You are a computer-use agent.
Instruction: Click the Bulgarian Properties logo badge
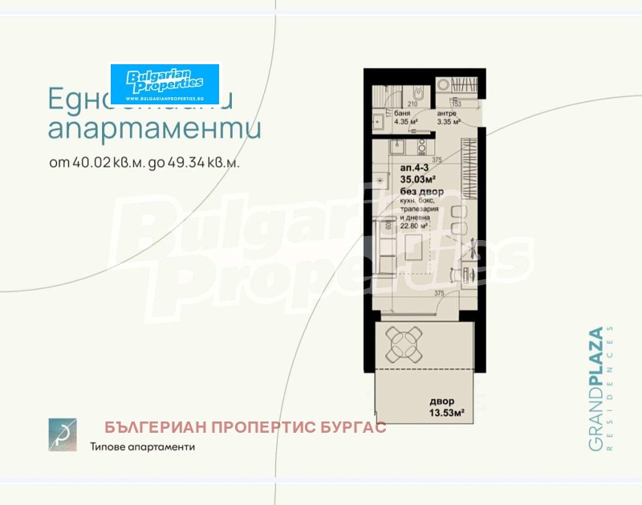(x=165, y=83)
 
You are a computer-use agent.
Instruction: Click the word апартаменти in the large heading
(x=154, y=128)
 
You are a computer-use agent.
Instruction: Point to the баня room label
(x=402, y=114)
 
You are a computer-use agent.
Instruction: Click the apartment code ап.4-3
(x=415, y=169)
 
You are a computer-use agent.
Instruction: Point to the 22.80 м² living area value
(x=415, y=226)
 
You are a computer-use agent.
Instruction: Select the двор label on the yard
(x=441, y=401)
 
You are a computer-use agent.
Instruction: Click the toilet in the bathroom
(x=377, y=122)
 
